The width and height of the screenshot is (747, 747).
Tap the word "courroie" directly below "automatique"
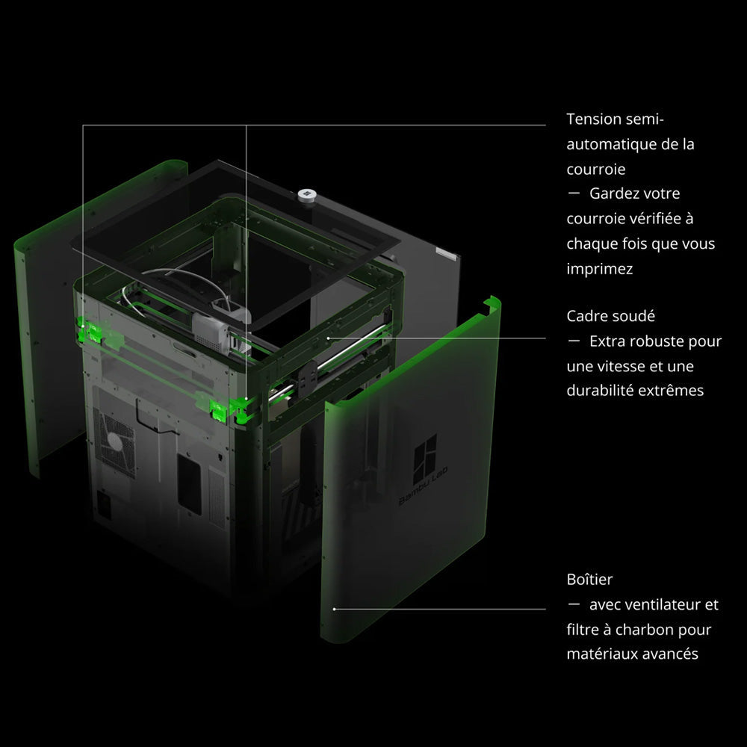click(596, 169)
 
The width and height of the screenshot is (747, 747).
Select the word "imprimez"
click(600, 269)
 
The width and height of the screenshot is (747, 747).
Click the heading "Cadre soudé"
click(611, 316)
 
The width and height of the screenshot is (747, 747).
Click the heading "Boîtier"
click(590, 580)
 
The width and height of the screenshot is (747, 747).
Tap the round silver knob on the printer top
click(307, 195)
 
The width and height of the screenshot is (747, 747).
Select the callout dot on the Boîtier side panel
click(335, 609)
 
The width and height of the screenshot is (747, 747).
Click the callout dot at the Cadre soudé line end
click(328, 338)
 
